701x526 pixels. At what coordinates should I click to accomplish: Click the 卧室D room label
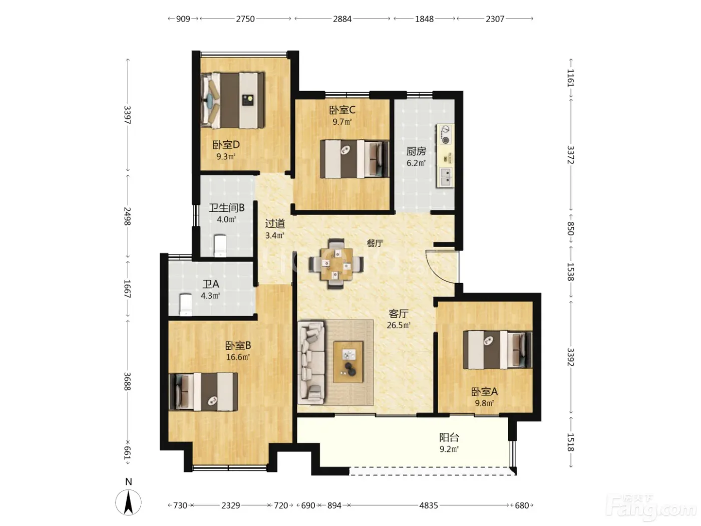click(226, 145)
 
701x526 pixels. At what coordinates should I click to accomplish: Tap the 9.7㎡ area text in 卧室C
click(341, 122)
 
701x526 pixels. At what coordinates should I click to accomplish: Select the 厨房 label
click(416, 151)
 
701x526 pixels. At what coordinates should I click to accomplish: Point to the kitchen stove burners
click(445, 134)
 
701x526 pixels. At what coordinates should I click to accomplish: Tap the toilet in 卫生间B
click(220, 245)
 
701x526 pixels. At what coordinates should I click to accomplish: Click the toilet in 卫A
click(186, 305)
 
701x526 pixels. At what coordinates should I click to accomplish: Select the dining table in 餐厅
click(336, 264)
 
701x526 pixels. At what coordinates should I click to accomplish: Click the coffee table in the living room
click(348, 362)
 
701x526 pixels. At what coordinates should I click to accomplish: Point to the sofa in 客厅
click(311, 363)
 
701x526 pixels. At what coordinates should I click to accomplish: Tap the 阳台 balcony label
click(449, 437)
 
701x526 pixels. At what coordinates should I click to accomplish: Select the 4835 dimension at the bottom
click(429, 505)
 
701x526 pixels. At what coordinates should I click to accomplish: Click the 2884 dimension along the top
click(342, 19)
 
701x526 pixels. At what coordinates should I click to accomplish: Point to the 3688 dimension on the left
click(127, 381)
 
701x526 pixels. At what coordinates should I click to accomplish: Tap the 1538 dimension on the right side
click(570, 272)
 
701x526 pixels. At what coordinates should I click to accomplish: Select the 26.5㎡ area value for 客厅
click(398, 325)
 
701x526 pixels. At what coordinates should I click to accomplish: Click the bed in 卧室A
click(497, 350)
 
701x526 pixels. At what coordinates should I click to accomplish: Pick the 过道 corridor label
click(275, 224)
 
